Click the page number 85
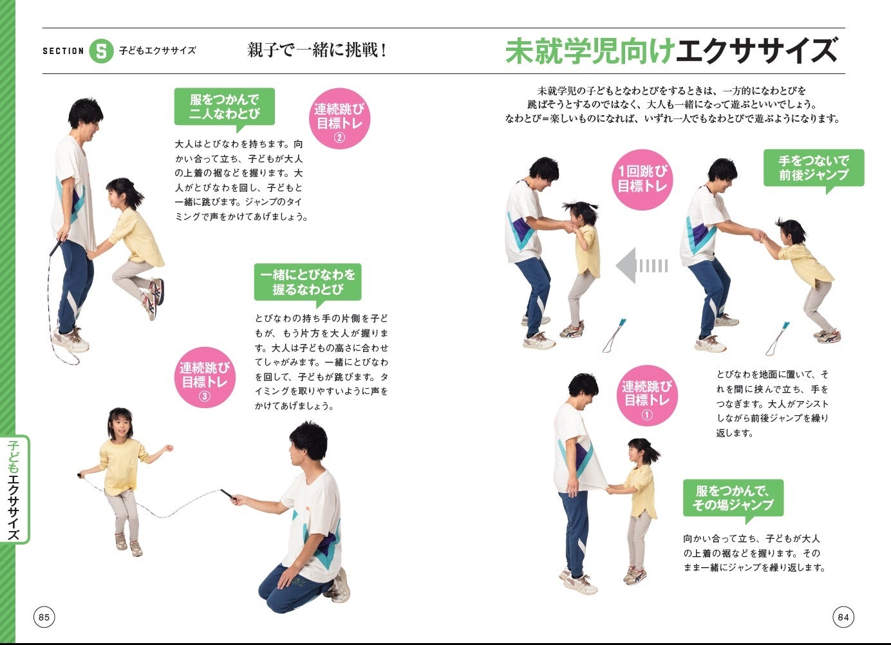pyautogui.click(x=44, y=617)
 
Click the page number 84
pyautogui.click(x=843, y=617)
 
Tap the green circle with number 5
pyautogui.click(x=101, y=51)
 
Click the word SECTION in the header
pyautogui.click(x=63, y=51)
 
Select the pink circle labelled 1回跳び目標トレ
pyautogui.click(x=642, y=179)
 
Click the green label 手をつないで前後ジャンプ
pyautogui.click(x=813, y=168)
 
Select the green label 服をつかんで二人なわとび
pyautogui.click(x=224, y=107)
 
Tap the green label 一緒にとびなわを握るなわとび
pyautogui.click(x=307, y=282)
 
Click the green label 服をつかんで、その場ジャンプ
pyautogui.click(x=733, y=498)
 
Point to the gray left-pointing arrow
pyautogui.click(x=641, y=265)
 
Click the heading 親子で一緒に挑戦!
pyautogui.click(x=317, y=50)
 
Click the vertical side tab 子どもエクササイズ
pyautogui.click(x=14, y=489)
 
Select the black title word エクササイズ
pyautogui.click(x=757, y=51)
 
